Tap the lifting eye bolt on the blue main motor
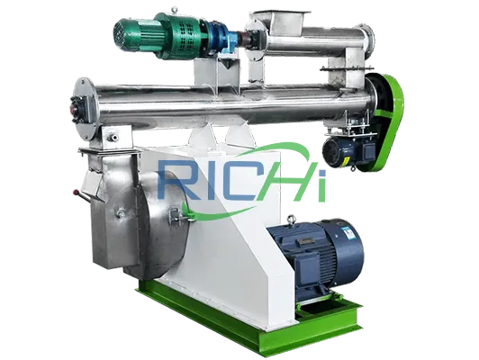[291, 220]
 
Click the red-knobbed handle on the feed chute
[81, 195]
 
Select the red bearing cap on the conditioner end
[74, 108]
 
